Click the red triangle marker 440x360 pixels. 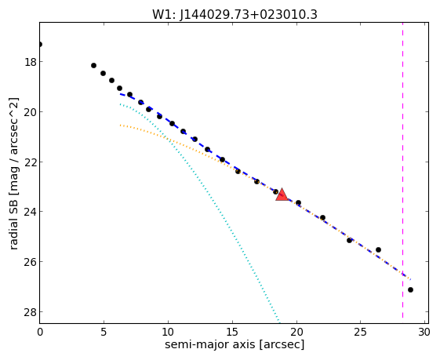pos(282,195)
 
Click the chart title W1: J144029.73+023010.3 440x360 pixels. pos(235,14)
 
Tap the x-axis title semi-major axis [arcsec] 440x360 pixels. pos(235,344)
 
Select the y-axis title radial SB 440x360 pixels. pos(13,222)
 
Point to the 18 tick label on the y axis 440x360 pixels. pos(30,62)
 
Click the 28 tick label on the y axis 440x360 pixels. pos(30,312)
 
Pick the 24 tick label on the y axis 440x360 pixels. pos(30,212)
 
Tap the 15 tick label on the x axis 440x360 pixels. pos(232,332)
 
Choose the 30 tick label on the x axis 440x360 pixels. pos(424,332)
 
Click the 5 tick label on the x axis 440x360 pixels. pos(104,332)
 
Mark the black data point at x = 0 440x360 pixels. pos(39,45)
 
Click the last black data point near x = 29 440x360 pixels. pos(410,290)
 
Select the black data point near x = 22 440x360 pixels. pos(322,217)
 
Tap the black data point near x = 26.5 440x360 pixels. pos(378,249)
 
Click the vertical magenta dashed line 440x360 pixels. pos(402,170)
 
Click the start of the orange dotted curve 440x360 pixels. pos(120,125)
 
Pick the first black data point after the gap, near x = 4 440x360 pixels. pos(93,65)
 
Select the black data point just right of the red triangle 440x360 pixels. pos(298,202)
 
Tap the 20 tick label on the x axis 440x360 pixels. pos(296,332)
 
